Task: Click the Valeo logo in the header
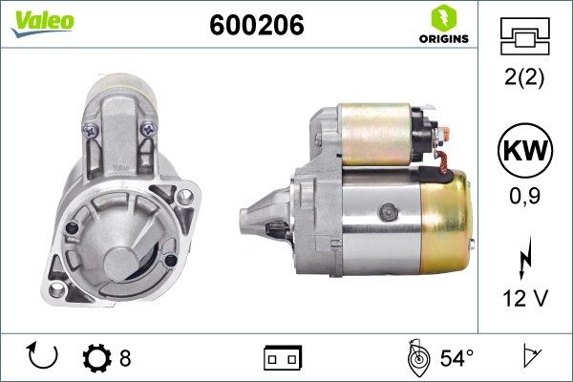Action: [x=43, y=23]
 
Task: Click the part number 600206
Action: [x=257, y=25]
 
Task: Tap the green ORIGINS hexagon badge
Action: [x=444, y=17]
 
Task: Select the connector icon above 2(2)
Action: [x=524, y=36]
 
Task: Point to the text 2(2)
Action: [x=524, y=77]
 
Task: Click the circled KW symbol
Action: [x=525, y=150]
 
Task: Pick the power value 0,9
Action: [x=524, y=196]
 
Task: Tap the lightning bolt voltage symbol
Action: [x=524, y=258]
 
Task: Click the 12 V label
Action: [x=525, y=298]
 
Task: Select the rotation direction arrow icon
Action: [x=42, y=356]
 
